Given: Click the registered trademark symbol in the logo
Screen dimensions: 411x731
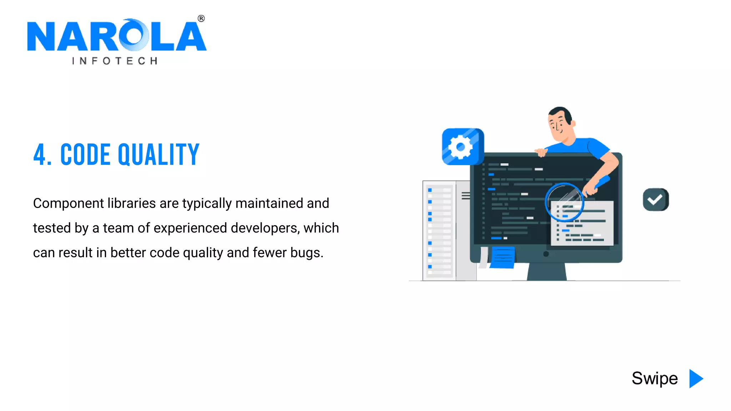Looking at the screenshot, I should tap(201, 19).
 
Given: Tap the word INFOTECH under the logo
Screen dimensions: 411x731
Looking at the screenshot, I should tap(115, 61).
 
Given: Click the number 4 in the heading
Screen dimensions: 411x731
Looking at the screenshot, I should tap(40, 154).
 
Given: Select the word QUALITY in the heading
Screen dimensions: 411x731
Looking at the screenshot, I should tap(158, 154).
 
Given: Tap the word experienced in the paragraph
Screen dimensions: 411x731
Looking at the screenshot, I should tap(190, 228).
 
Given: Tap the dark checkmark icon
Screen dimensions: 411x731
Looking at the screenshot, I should tap(655, 200).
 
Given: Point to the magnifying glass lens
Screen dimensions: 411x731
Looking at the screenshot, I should tap(564, 202).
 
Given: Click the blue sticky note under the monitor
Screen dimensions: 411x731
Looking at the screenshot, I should tap(503, 257).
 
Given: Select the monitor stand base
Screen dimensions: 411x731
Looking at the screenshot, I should tap(546, 273).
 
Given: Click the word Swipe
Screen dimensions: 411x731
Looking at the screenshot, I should tap(654, 379).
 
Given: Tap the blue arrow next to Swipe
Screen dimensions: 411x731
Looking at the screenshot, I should tap(695, 379).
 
